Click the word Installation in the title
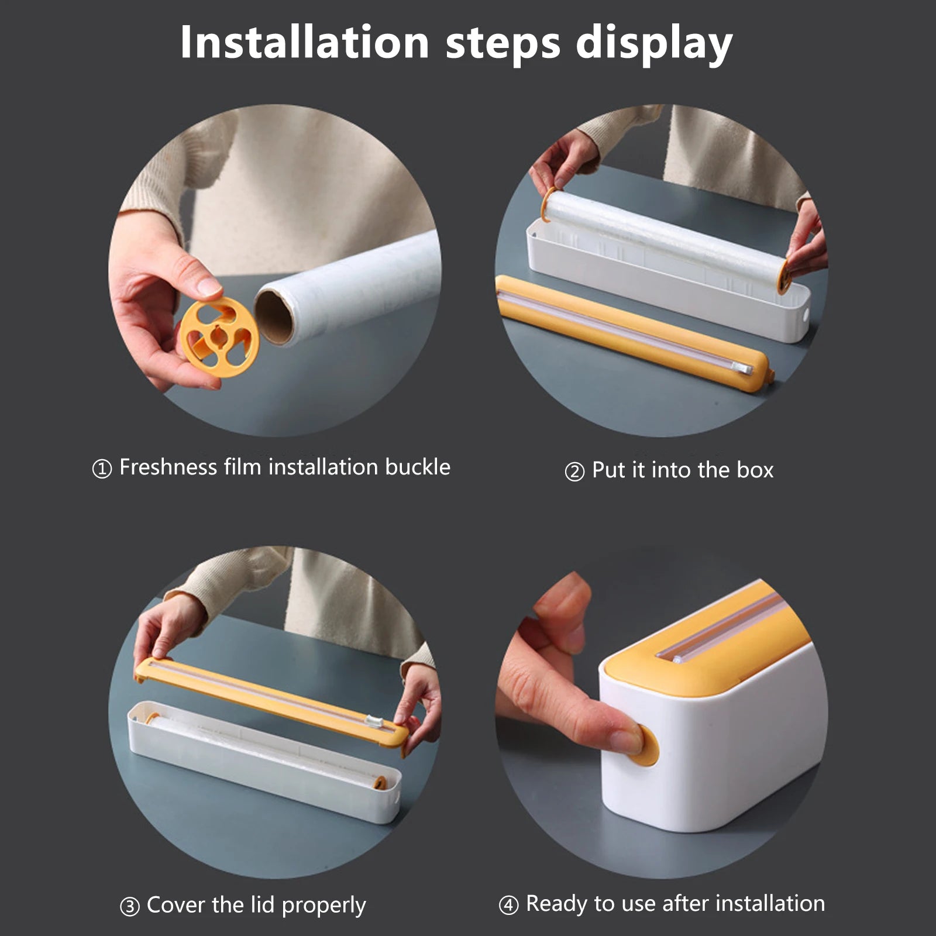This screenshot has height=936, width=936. coord(304,42)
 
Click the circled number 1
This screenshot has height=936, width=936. coord(102,469)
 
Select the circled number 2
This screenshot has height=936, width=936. coord(574,472)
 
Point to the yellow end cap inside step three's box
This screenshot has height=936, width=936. coord(380,782)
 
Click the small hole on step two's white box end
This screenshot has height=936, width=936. coord(805,315)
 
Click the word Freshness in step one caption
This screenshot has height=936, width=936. coord(168,467)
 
